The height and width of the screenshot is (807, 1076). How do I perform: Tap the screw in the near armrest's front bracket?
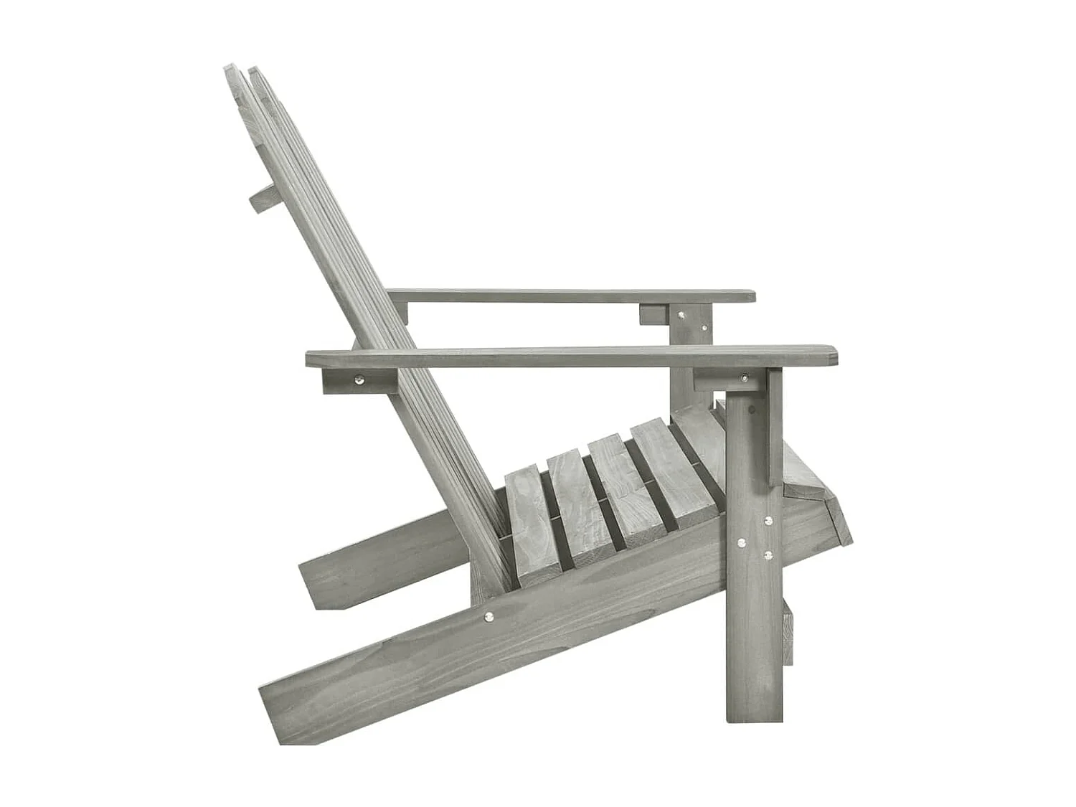pyautogui.click(x=745, y=378)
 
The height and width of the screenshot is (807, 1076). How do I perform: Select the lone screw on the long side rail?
pyautogui.click(x=489, y=615)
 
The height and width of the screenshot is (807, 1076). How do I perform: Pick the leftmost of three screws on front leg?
pyautogui.click(x=742, y=543)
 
